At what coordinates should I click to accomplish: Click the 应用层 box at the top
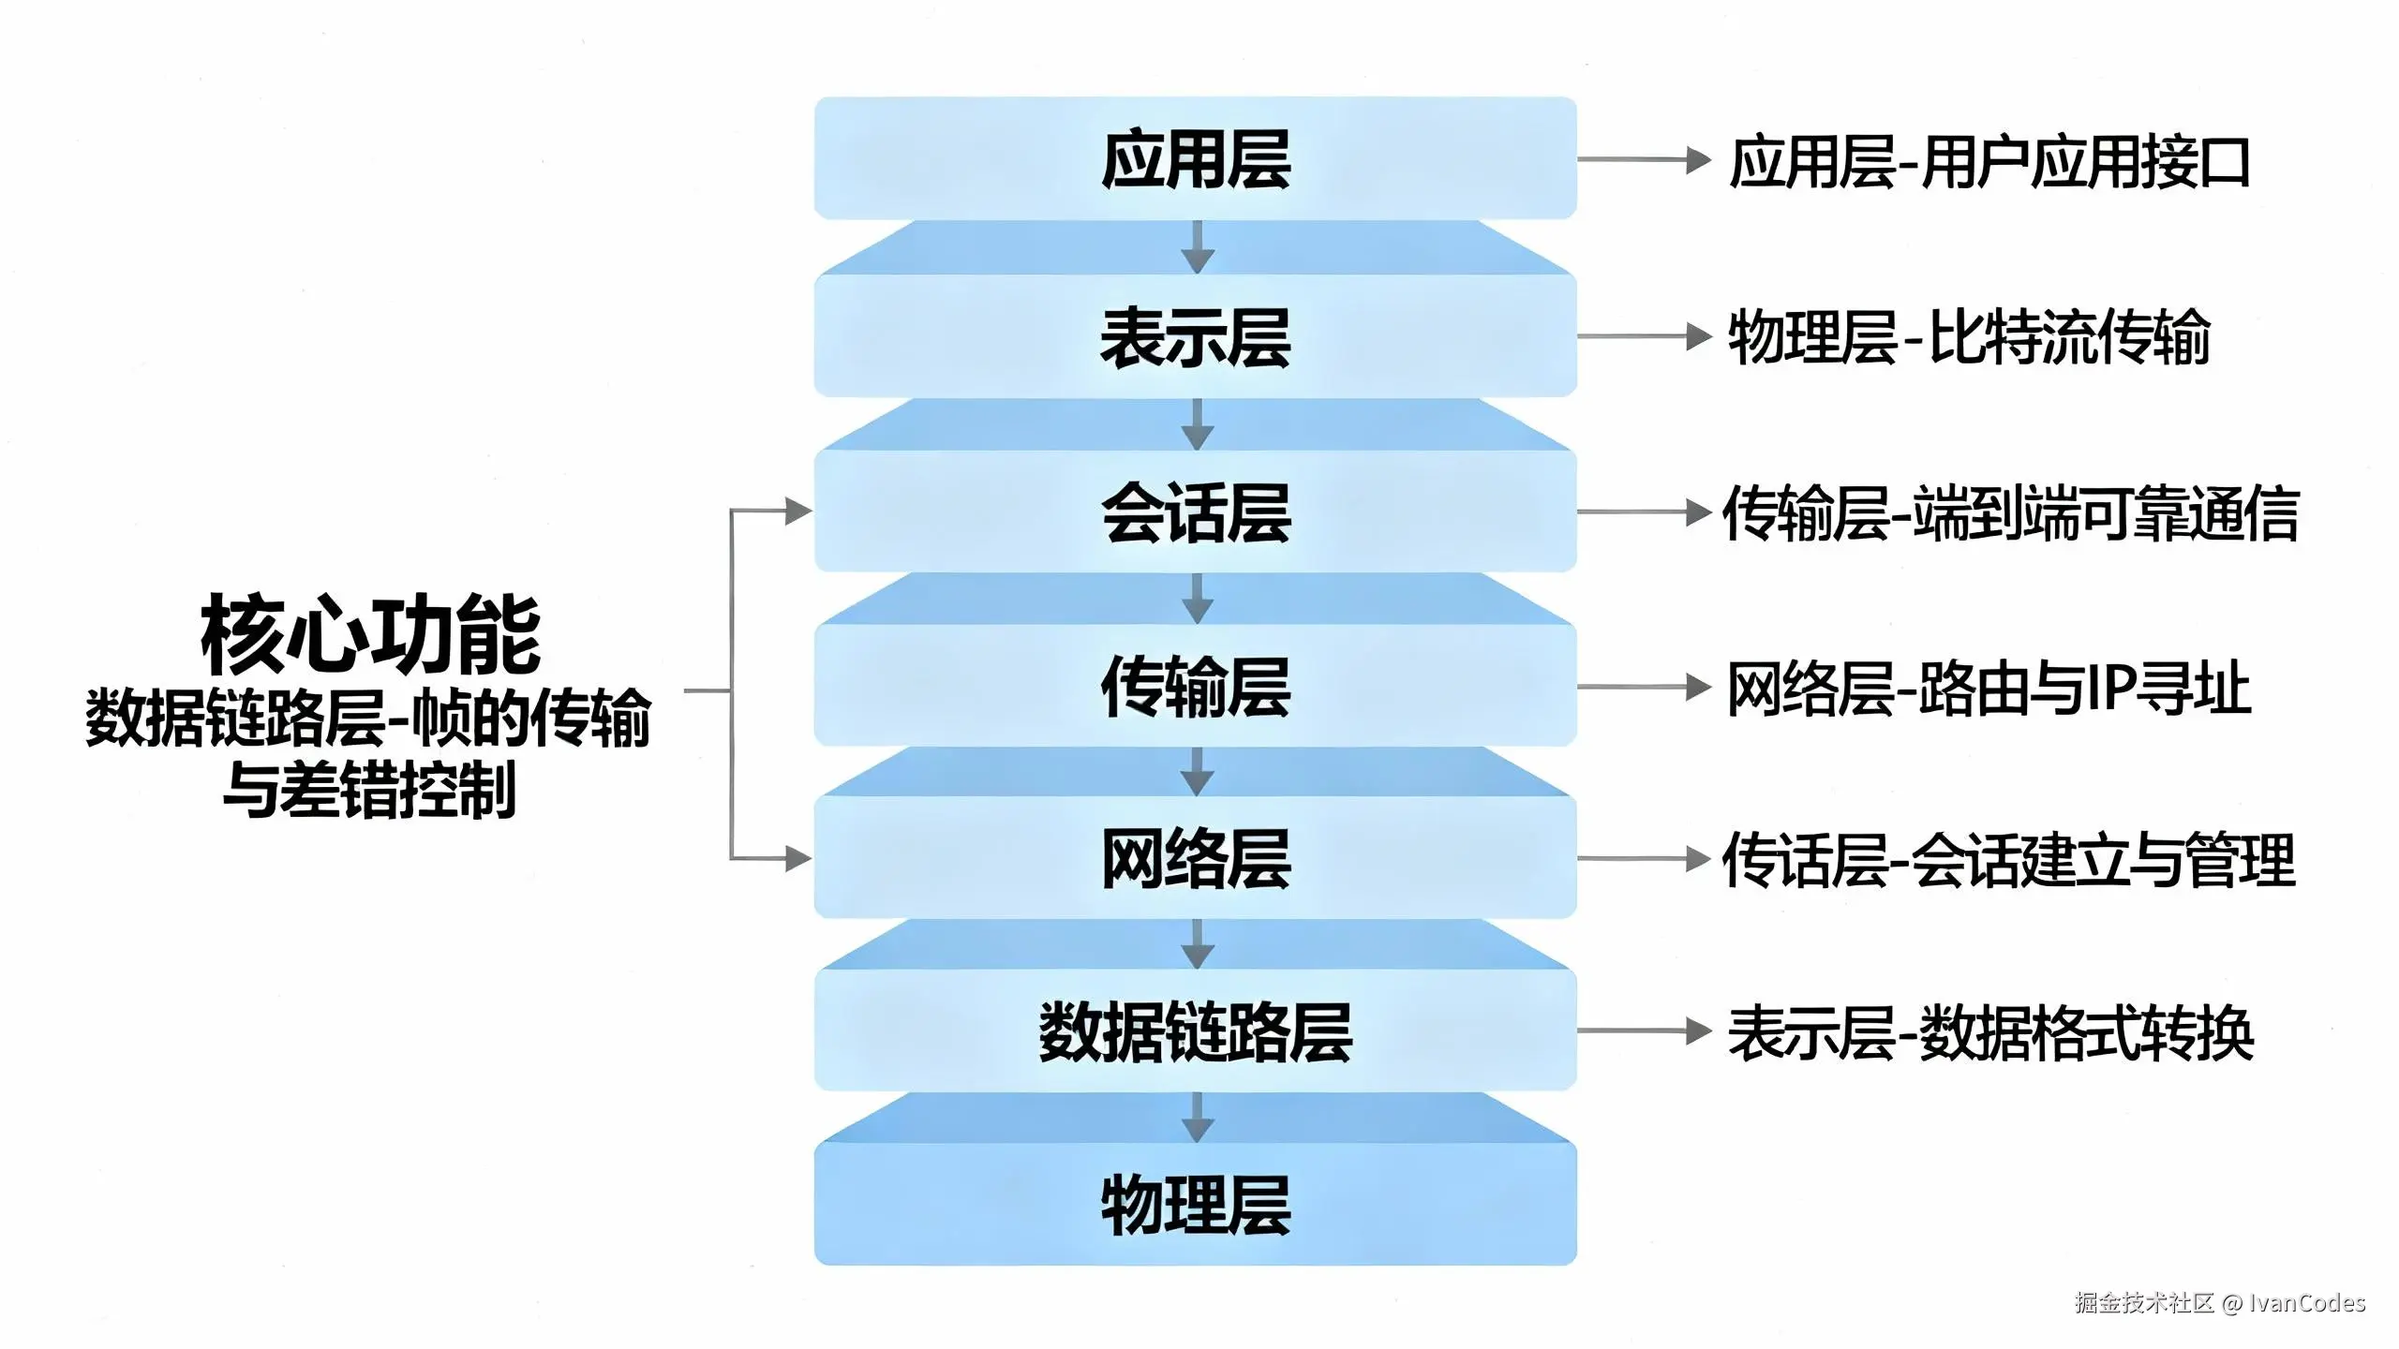[1195, 159]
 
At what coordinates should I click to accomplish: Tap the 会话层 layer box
[1195, 512]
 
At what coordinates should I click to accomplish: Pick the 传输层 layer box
[1195, 687]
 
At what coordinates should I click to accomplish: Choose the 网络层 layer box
[1195, 858]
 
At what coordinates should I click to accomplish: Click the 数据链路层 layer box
[1195, 1030]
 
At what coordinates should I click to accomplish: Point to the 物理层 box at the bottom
[1195, 1205]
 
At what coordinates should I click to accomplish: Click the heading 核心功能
[370, 634]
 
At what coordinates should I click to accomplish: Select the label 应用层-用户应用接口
[1989, 162]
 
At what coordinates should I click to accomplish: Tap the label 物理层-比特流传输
[1968, 337]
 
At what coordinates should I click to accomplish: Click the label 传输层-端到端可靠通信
[2010, 513]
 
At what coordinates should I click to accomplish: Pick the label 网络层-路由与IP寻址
[1989, 689]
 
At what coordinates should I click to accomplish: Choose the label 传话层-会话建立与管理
[2008, 860]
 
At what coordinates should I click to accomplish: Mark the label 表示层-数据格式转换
[1989, 1032]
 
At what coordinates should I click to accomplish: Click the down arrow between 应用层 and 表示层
[1197, 247]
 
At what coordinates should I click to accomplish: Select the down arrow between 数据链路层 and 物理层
[1197, 1118]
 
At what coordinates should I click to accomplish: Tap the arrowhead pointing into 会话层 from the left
[798, 511]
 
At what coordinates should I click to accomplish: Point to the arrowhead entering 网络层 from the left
[798, 858]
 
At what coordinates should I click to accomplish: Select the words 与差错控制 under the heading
[369, 789]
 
